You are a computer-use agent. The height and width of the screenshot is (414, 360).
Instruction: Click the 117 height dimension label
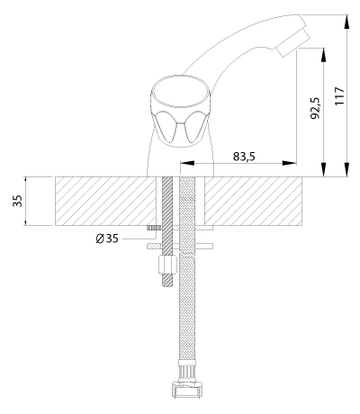click(x=339, y=96)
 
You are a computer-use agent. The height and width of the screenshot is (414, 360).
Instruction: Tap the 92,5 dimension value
click(x=315, y=108)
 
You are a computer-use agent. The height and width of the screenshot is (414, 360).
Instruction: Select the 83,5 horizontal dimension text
click(x=244, y=157)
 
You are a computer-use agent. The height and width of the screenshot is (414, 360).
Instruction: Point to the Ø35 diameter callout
click(x=107, y=238)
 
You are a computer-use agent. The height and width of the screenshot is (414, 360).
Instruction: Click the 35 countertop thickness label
click(x=18, y=201)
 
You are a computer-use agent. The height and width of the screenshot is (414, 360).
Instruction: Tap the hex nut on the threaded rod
click(x=166, y=264)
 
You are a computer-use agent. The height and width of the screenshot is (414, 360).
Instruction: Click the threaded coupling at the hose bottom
click(x=186, y=389)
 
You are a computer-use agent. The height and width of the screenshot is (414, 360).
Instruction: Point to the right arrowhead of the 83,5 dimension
click(x=290, y=163)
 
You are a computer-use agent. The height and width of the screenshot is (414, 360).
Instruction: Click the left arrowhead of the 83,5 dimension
click(x=186, y=163)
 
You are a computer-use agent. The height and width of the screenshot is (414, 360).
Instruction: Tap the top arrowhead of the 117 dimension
click(x=347, y=22)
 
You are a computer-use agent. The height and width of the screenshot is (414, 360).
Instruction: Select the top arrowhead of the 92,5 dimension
click(x=323, y=55)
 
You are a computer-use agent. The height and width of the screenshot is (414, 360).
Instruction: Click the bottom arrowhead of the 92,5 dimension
click(x=323, y=169)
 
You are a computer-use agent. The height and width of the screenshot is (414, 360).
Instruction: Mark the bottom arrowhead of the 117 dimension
click(x=347, y=169)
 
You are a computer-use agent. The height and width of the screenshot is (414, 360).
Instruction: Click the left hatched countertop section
click(x=105, y=201)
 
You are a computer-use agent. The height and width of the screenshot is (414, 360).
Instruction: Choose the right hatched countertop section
click(x=253, y=201)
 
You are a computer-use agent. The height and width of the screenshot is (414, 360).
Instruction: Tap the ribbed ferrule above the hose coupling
click(x=186, y=371)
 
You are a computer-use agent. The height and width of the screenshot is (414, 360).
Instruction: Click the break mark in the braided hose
click(x=187, y=256)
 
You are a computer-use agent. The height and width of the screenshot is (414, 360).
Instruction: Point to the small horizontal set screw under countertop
click(x=154, y=228)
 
